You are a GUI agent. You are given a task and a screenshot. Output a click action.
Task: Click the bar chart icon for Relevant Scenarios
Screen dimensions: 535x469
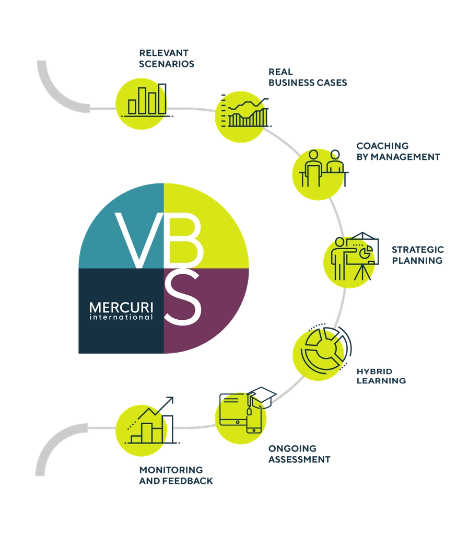point(142,101)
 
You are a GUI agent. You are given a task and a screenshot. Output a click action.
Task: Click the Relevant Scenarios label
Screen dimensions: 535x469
point(167,59)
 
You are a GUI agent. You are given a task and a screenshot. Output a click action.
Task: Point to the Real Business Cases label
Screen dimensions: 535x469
point(307,77)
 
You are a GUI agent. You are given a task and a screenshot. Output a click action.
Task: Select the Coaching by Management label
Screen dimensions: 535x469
point(397,151)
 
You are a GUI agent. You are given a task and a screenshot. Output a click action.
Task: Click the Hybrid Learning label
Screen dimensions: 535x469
point(381,376)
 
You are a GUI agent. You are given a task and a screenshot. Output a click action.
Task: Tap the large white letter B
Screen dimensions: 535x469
point(183,238)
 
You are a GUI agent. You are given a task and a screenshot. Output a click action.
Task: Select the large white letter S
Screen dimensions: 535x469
point(182,296)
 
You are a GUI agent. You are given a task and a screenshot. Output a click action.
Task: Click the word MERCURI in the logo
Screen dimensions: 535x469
point(121,306)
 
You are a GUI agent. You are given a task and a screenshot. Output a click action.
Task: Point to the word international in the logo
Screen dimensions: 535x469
point(121,317)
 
